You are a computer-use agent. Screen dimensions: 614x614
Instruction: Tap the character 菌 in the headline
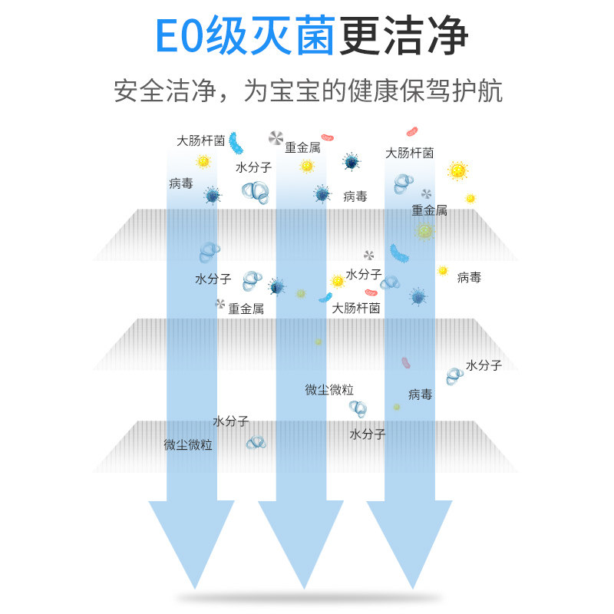tap(310, 35)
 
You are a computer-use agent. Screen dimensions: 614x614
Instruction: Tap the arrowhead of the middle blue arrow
tap(300, 541)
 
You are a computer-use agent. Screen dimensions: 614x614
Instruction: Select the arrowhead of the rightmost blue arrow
tap(409, 541)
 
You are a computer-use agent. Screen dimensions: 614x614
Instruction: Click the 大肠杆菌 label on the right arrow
tap(409, 153)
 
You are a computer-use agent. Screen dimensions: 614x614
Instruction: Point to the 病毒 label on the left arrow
tap(181, 183)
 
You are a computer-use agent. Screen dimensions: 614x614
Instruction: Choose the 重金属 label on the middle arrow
tap(302, 147)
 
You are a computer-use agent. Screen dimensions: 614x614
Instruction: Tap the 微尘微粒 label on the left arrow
tap(188, 444)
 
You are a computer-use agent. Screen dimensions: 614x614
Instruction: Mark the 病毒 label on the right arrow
tap(420, 394)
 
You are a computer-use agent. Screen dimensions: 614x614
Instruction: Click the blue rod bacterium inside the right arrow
tap(399, 253)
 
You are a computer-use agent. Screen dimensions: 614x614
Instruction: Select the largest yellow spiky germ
tap(457, 170)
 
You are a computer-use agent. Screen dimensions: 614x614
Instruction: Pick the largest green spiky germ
tap(424, 231)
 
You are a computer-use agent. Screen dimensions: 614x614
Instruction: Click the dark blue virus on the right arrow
tap(418, 296)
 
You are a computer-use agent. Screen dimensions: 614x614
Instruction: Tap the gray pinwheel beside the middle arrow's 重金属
tap(276, 138)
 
